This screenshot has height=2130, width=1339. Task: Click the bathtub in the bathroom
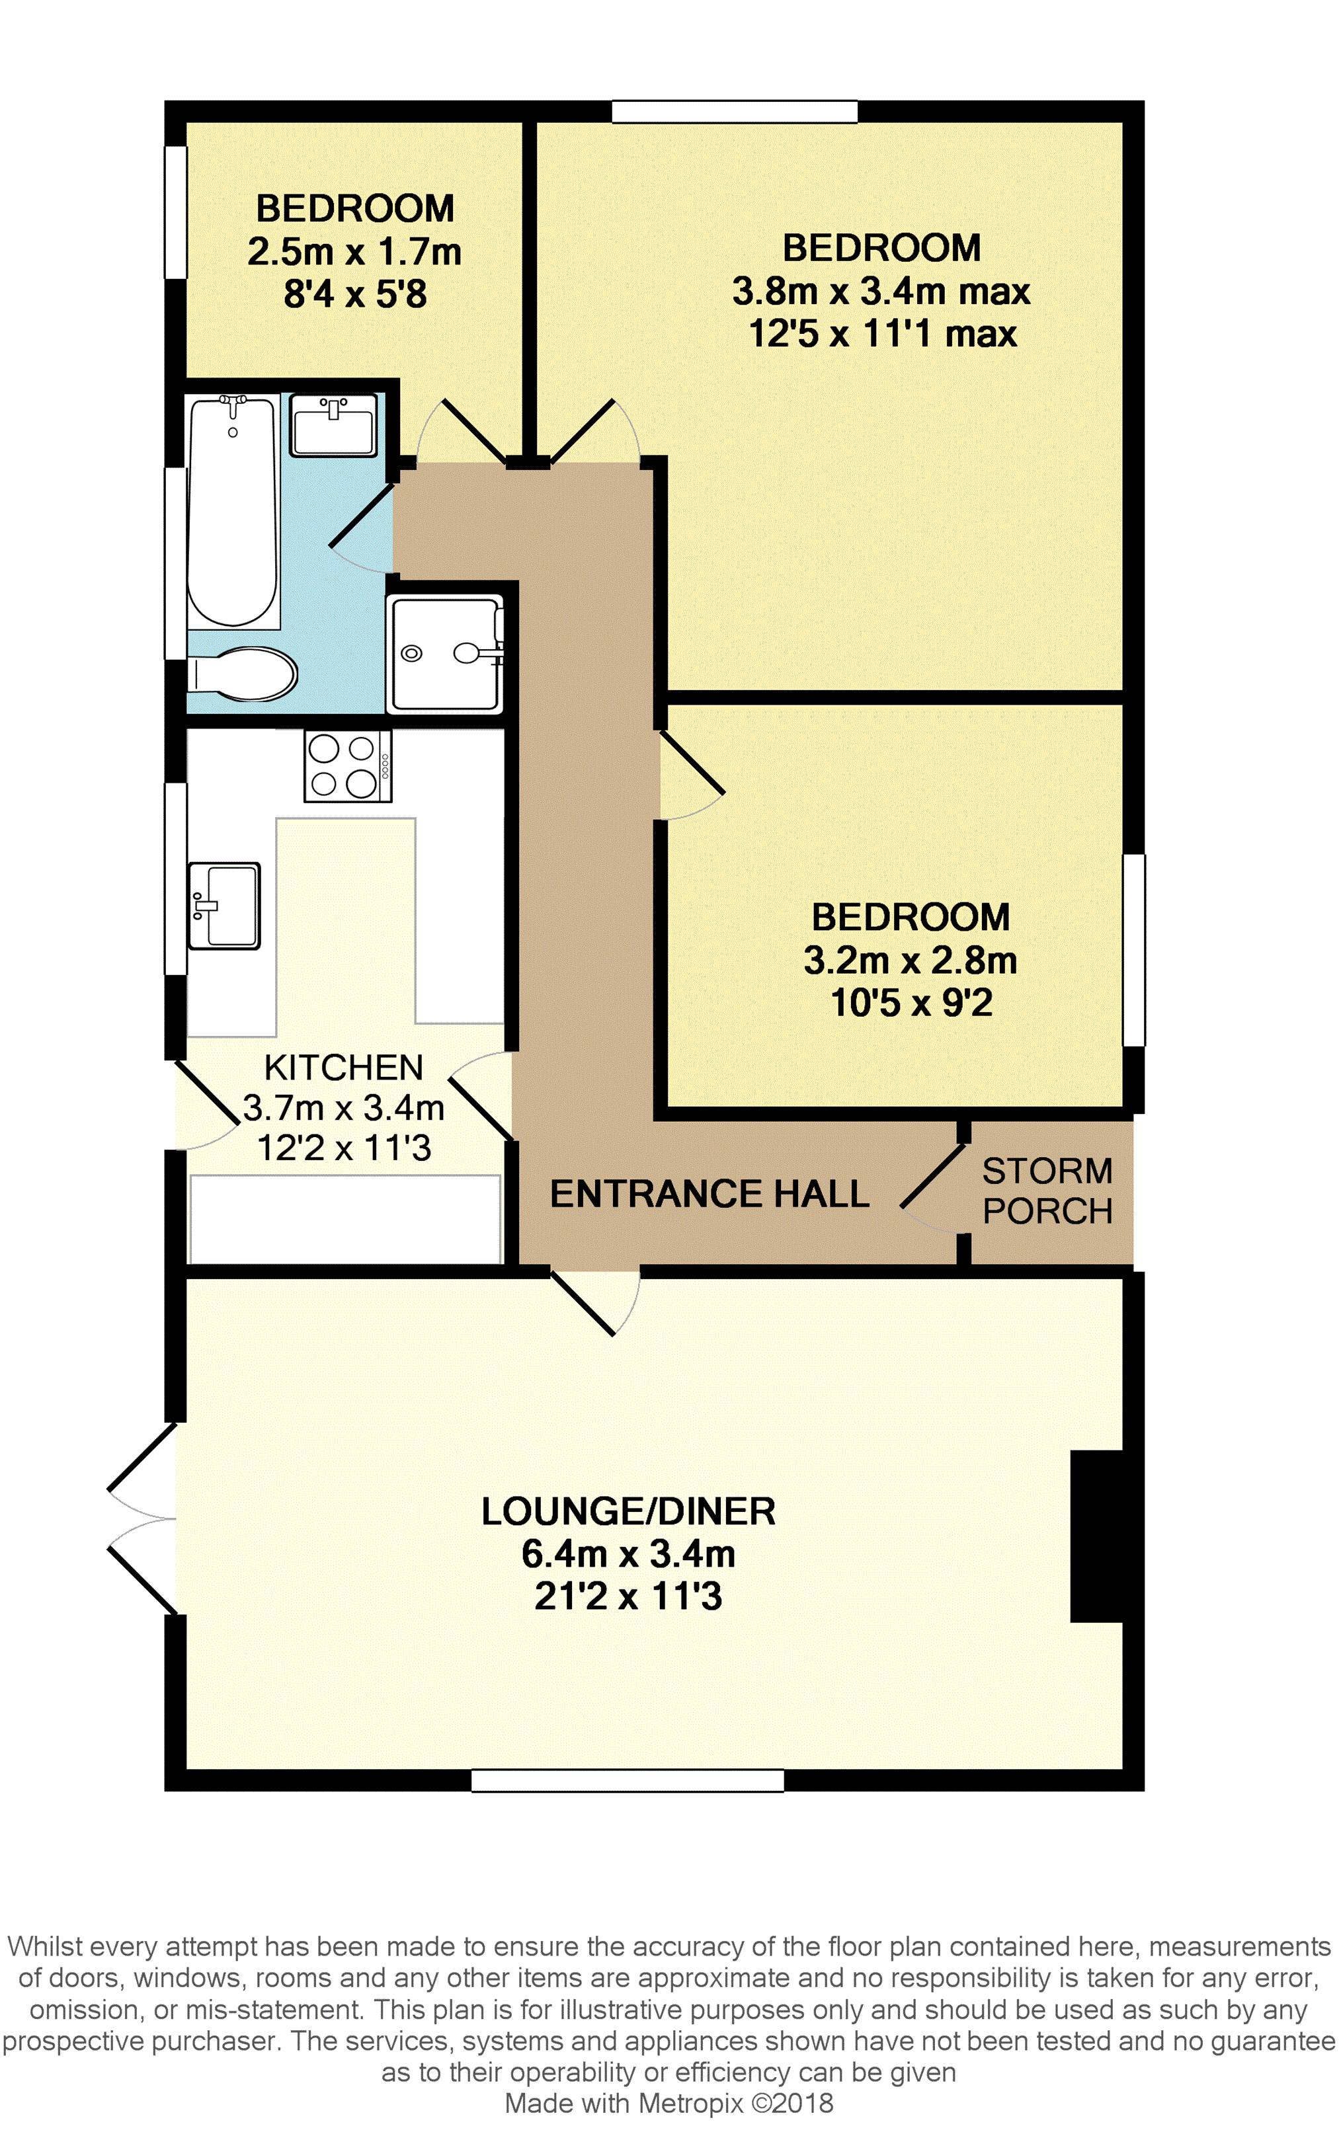click(x=233, y=512)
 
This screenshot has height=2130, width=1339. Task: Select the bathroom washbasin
click(x=335, y=426)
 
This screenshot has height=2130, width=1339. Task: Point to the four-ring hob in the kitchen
click(x=348, y=766)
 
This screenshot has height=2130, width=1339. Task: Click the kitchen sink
click(x=225, y=906)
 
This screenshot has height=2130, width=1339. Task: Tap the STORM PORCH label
click(x=1047, y=1191)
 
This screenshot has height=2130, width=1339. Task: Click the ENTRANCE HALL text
click(x=710, y=1193)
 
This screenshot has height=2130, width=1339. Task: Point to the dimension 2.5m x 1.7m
click(x=355, y=252)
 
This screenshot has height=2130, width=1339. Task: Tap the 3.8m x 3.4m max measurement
click(x=881, y=291)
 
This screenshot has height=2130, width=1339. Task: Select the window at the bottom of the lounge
click(x=628, y=1780)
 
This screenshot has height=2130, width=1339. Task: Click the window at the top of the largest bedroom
click(x=735, y=112)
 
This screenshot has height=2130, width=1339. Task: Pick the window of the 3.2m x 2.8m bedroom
click(x=1133, y=950)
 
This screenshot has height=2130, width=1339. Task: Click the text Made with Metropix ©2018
click(x=669, y=2104)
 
